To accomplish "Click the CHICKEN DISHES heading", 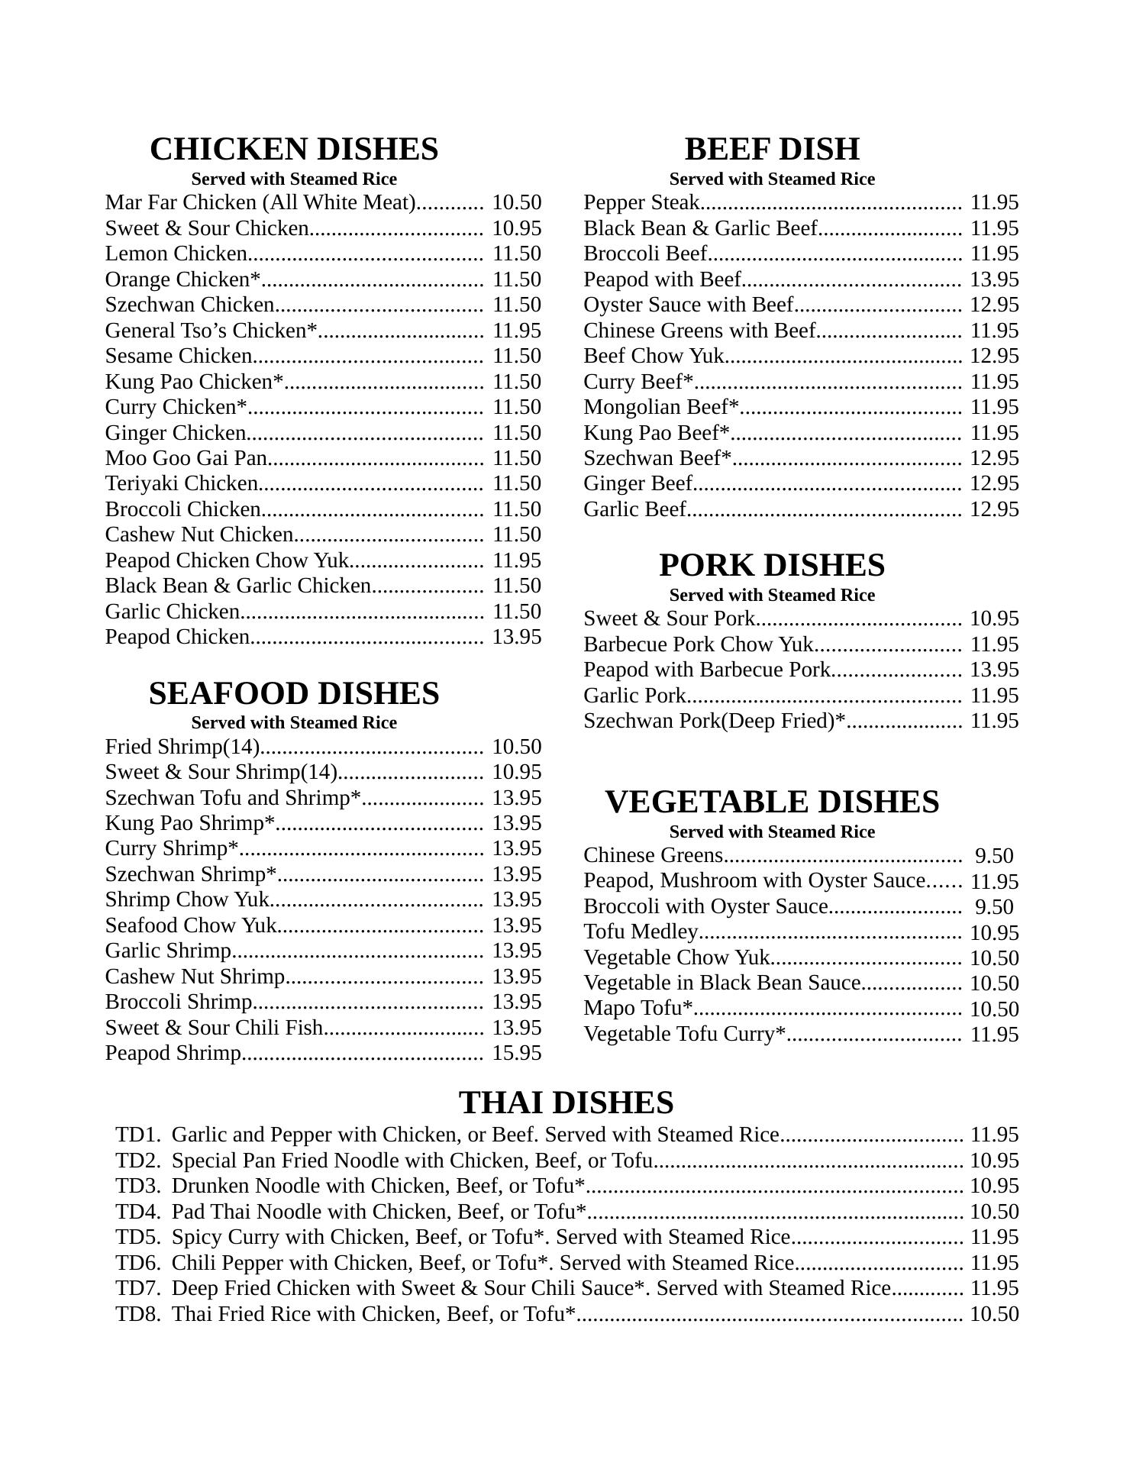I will (294, 149).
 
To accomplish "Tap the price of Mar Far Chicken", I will (517, 202).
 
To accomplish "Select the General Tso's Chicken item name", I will (211, 331).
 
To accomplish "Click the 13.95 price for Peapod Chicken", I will (517, 637).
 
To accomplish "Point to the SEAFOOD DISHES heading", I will (294, 693).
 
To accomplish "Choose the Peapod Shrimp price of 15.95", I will (517, 1053).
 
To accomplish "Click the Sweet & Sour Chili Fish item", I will (215, 1028).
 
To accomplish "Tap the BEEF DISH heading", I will (772, 149).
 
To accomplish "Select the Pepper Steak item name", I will (641, 202).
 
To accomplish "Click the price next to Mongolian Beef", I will (995, 407).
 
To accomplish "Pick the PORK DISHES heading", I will (772, 565).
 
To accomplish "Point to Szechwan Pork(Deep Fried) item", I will (715, 721).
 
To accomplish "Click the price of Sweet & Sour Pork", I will (995, 618).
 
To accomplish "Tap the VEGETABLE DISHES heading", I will (772, 802).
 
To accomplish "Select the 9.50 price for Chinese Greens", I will (995, 856).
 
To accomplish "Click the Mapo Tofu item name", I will (638, 1008).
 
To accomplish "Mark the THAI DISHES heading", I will (566, 1103).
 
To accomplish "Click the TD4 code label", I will (137, 1212).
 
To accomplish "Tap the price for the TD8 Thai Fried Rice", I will (995, 1314).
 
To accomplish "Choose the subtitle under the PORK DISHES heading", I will (772, 595).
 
